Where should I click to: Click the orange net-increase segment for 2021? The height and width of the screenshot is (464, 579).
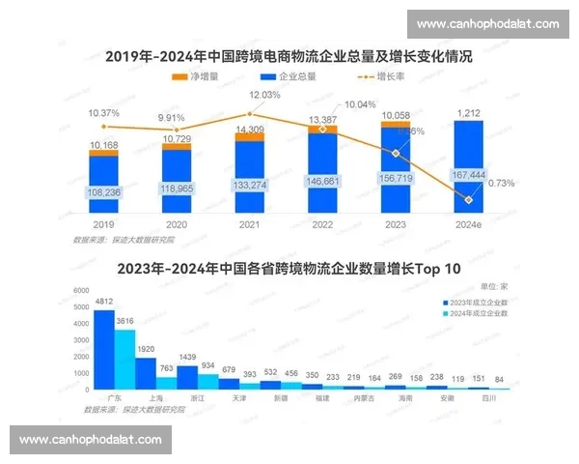[250, 136]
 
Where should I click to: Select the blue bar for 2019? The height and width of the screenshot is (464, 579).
[103, 193]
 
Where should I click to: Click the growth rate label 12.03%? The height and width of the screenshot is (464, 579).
[264, 95]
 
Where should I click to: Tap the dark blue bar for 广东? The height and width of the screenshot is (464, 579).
[103, 349]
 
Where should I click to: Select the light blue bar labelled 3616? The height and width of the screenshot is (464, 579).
[124, 359]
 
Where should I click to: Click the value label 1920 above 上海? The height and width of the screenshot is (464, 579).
[146, 349]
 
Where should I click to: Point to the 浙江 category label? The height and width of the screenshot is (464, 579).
[198, 398]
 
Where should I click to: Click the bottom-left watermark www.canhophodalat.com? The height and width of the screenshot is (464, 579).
[92, 440]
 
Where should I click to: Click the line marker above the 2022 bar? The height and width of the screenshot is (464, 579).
[322, 129]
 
